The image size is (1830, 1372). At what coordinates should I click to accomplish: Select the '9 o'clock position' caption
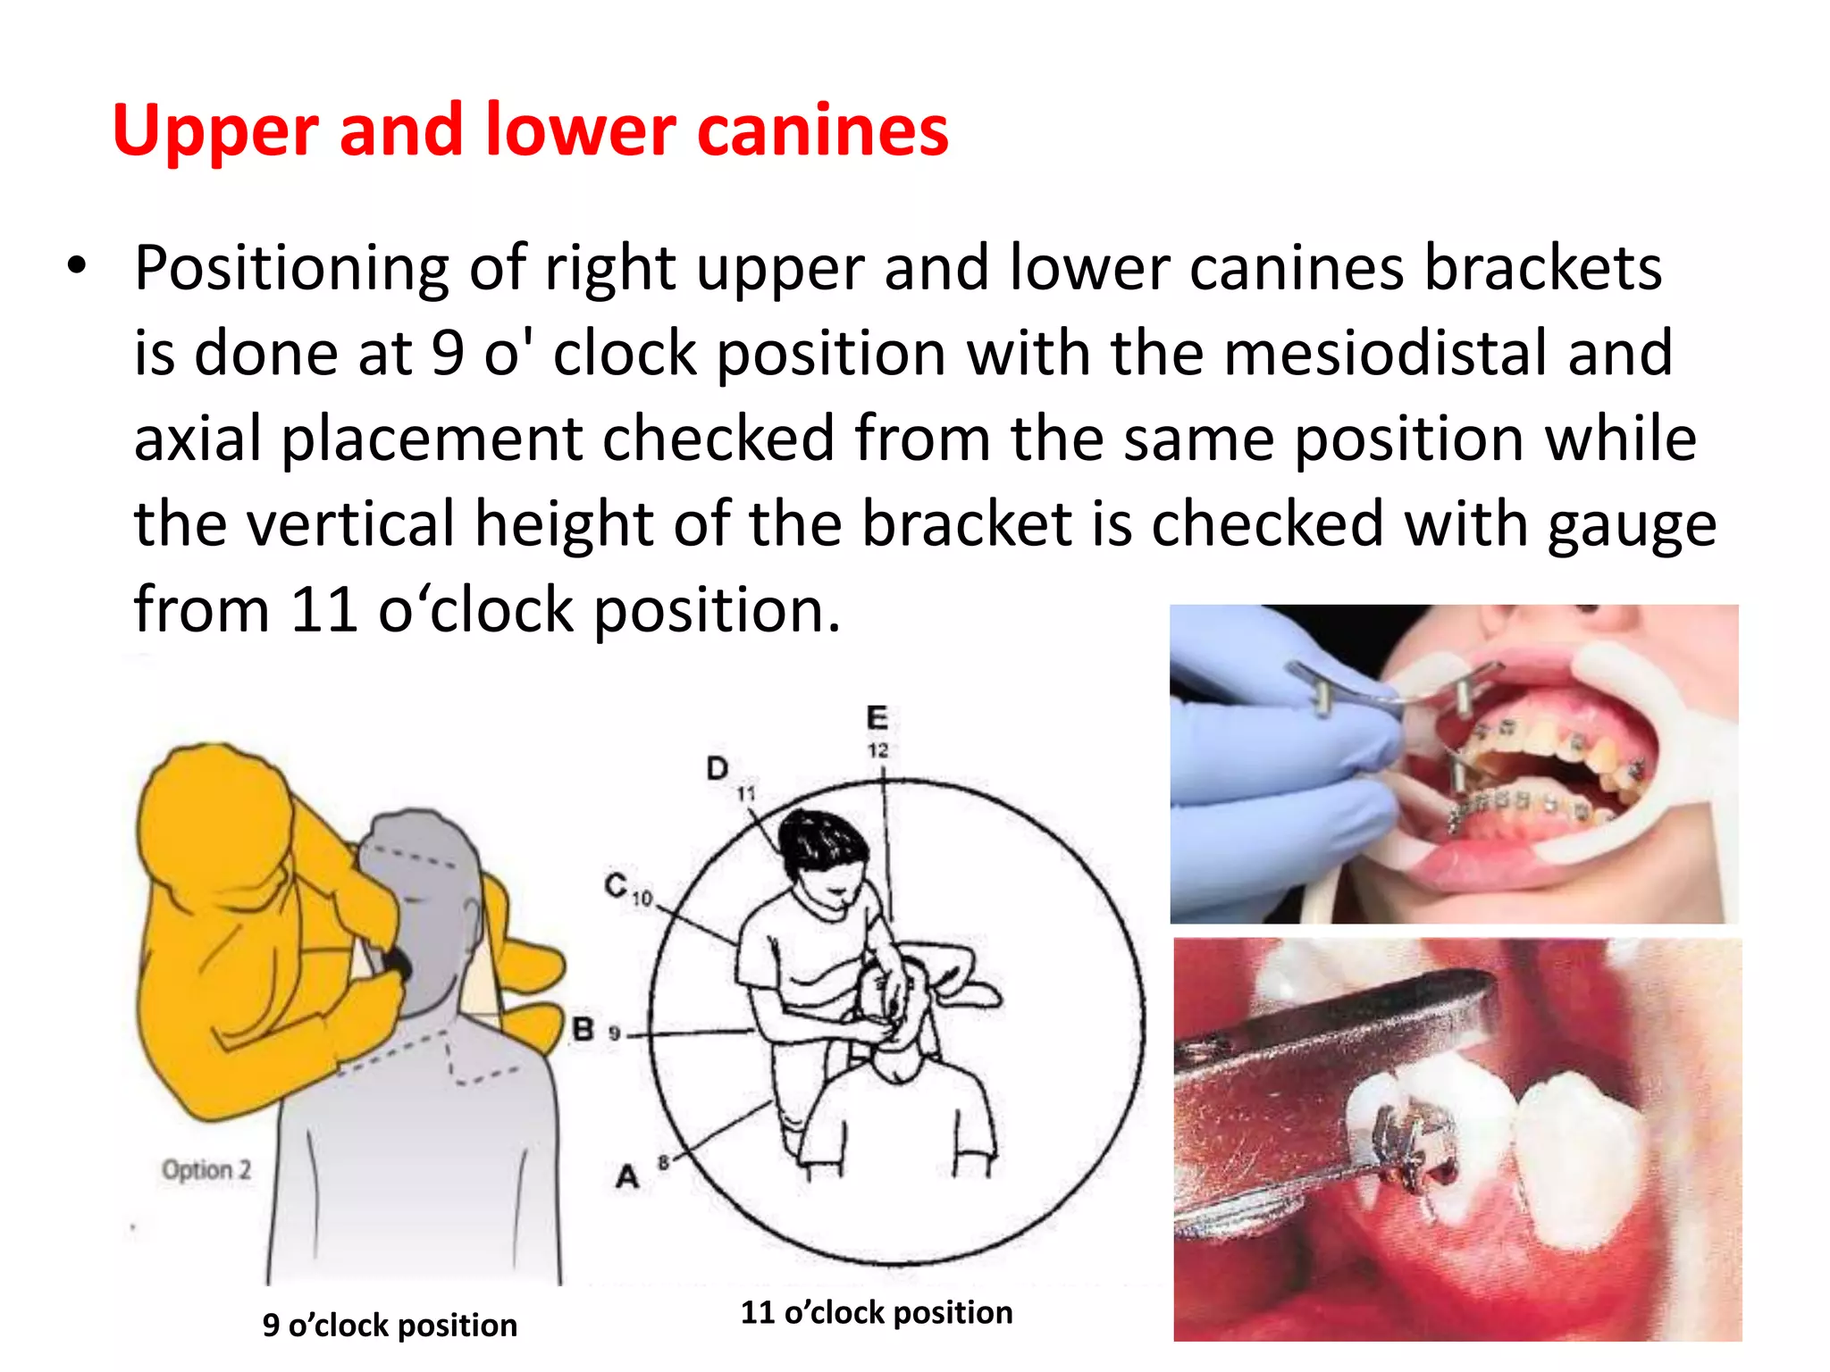(x=390, y=1325)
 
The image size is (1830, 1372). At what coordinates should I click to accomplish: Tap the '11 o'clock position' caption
(x=877, y=1312)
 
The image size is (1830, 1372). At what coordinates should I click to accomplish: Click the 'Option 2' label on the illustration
(x=206, y=1169)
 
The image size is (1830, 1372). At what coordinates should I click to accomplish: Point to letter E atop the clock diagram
(x=877, y=717)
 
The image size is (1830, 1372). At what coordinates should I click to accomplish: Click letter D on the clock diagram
(x=718, y=768)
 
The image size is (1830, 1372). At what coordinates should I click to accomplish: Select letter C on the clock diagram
(x=616, y=885)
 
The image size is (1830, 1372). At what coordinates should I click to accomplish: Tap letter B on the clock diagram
(x=583, y=1029)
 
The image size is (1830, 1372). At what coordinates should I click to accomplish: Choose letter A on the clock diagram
(x=627, y=1176)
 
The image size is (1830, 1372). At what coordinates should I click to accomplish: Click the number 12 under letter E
(x=878, y=750)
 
